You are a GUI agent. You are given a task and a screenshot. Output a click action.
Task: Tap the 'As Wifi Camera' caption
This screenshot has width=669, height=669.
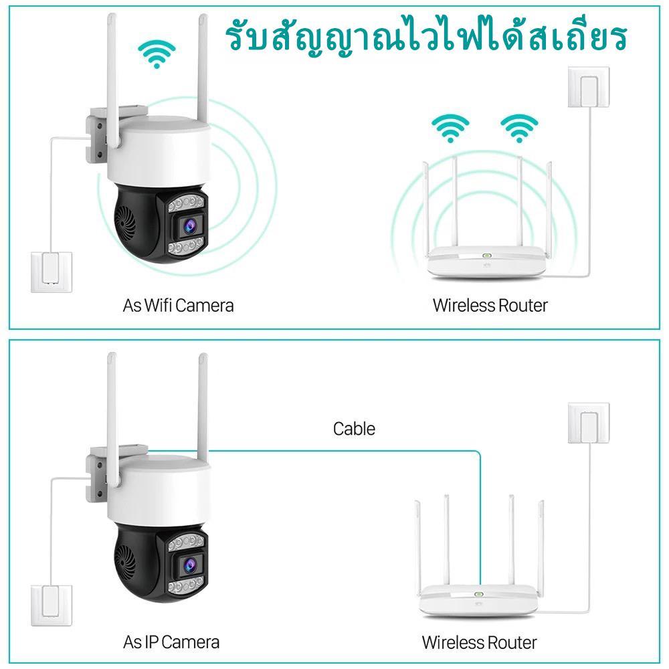(x=179, y=306)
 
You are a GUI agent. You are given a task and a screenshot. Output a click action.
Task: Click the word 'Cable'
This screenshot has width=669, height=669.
(x=354, y=428)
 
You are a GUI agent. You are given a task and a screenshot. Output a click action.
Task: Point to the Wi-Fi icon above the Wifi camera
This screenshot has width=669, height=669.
(x=157, y=54)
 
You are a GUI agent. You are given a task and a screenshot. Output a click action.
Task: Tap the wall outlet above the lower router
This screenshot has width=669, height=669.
(x=588, y=423)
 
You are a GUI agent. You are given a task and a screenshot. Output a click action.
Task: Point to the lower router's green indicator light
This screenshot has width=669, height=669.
(x=479, y=593)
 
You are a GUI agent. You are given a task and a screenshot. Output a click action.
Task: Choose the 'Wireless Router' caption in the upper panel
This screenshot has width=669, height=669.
(x=490, y=306)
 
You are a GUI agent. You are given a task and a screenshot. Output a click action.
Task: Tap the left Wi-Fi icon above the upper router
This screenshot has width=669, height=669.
(x=449, y=128)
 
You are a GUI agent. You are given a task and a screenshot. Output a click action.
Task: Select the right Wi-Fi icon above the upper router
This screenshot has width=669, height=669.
(x=519, y=128)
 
